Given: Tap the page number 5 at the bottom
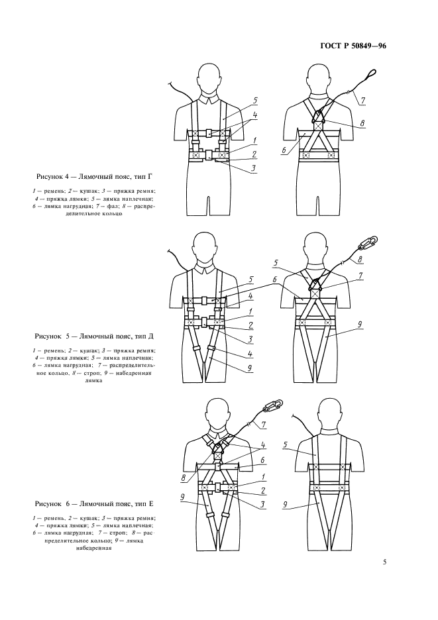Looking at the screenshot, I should [x=385, y=563].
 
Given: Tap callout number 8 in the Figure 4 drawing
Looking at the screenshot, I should [x=362, y=123].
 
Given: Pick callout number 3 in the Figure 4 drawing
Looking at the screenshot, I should [x=253, y=169].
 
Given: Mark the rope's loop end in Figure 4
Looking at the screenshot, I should [x=371, y=76].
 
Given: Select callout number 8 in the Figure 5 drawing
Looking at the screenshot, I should [x=360, y=260].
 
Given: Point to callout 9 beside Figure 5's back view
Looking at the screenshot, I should [x=359, y=325].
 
